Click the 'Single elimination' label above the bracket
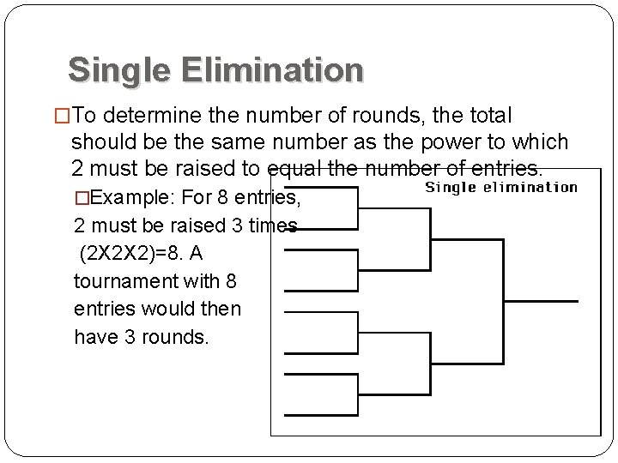tap(501, 187)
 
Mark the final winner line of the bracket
tap(541, 301)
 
